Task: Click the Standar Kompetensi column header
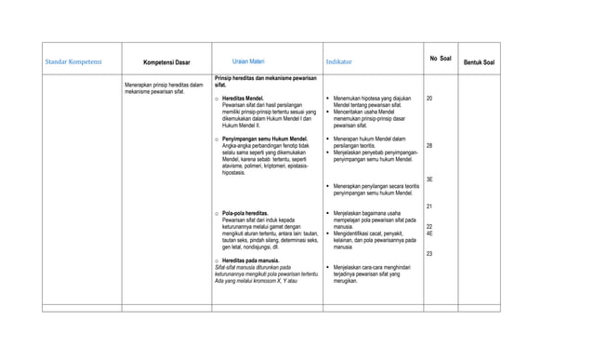[x=74, y=62]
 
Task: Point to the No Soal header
[x=441, y=59]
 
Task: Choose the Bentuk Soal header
[x=479, y=62]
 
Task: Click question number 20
[x=429, y=98]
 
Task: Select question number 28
[x=429, y=146]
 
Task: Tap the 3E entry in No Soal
[x=429, y=180]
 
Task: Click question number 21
[x=429, y=206]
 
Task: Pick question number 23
[x=429, y=253]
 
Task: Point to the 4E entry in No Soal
[x=429, y=233]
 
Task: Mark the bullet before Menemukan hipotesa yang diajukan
[x=328, y=98]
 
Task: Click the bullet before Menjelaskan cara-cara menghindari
[x=328, y=268]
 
